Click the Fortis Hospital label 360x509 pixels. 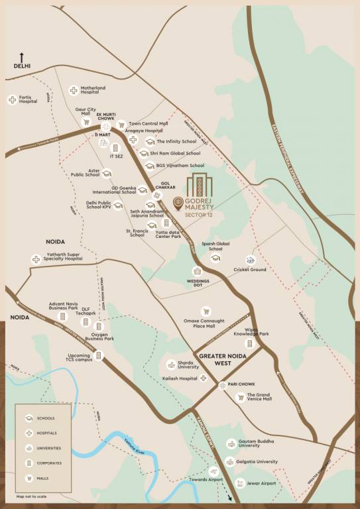(x=29, y=100)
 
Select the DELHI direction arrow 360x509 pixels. (x=21, y=58)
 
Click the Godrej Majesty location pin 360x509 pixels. (x=177, y=203)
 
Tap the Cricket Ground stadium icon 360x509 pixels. (x=251, y=260)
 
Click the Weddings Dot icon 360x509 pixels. (x=197, y=271)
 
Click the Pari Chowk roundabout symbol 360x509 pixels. (x=221, y=384)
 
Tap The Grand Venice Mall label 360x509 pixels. (x=259, y=397)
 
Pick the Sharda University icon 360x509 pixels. (x=171, y=365)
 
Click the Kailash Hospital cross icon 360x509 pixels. (x=204, y=378)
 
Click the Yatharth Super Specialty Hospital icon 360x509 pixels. (x=35, y=259)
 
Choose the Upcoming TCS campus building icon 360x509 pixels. (x=98, y=356)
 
